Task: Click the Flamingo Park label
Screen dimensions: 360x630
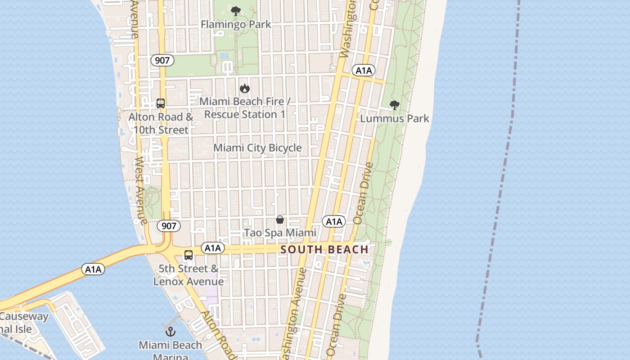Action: click(236, 24)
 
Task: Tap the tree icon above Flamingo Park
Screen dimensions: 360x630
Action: click(235, 11)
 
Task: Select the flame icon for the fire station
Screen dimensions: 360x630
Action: click(244, 88)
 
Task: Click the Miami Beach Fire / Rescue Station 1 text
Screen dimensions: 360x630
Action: click(245, 108)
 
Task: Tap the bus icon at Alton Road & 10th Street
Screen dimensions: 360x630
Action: click(161, 103)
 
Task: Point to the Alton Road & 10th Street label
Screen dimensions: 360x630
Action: click(161, 123)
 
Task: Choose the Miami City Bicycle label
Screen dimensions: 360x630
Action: click(257, 148)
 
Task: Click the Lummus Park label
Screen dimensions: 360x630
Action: click(395, 119)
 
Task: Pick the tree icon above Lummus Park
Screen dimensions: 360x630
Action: click(395, 106)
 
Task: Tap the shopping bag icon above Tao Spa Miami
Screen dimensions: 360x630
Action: click(280, 220)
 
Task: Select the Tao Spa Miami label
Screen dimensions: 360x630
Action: click(280, 233)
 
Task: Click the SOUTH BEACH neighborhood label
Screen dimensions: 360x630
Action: click(324, 249)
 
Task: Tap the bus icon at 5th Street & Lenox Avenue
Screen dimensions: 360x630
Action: click(189, 255)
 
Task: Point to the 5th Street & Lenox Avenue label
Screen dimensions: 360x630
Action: click(189, 275)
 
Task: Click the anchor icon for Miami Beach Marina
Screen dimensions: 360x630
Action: click(170, 332)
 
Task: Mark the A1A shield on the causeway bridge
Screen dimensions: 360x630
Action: click(93, 269)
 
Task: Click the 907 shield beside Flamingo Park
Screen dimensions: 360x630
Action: click(162, 60)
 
